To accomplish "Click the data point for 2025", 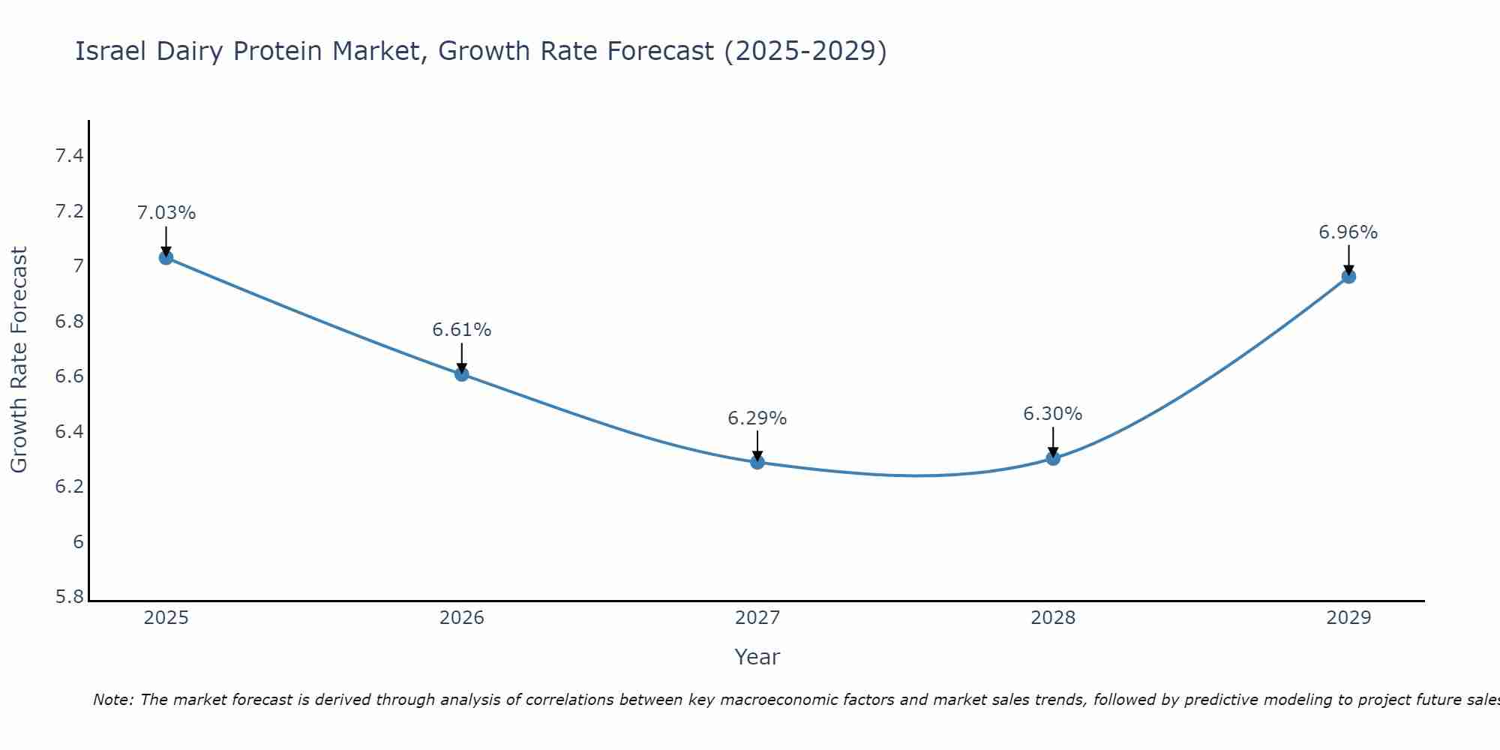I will point(166,257).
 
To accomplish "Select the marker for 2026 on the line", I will point(462,373).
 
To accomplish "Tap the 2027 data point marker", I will point(757,462).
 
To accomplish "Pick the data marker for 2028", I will point(1053,458).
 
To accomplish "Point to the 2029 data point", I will point(1348,276).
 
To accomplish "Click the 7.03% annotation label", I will point(166,213).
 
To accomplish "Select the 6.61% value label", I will point(462,330).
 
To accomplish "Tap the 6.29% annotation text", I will point(757,418).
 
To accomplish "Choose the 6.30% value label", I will point(1053,414).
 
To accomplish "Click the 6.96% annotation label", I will point(1348,232).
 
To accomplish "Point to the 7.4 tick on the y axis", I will point(69,156).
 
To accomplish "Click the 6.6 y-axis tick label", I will point(69,376).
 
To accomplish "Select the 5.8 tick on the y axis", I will point(69,597).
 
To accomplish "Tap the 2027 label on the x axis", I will point(757,618).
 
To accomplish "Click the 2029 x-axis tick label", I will point(1348,618).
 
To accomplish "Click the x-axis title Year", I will point(757,657).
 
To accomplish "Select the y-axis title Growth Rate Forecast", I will point(19,360).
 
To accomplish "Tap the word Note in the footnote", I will point(112,700).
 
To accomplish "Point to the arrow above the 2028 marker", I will point(1053,441).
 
